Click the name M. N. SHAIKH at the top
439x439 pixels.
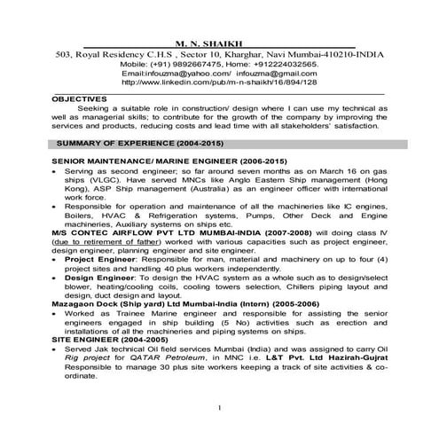coord(218,41)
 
